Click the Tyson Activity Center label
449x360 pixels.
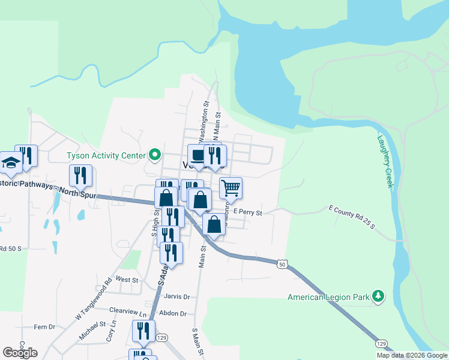[106, 155]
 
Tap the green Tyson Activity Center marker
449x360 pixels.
[154, 155]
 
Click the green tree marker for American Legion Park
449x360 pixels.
[378, 296]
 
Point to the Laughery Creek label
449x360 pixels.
[385, 161]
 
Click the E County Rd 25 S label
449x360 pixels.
[351, 217]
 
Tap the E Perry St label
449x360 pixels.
[248, 212]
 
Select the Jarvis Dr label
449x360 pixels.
[177, 296]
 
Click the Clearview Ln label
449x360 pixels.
[128, 313]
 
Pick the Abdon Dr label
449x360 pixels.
[174, 313]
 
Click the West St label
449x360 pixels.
[127, 280]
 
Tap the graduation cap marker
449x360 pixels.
[11, 163]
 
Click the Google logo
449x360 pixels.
[20, 353]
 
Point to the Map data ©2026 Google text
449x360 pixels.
[412, 355]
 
